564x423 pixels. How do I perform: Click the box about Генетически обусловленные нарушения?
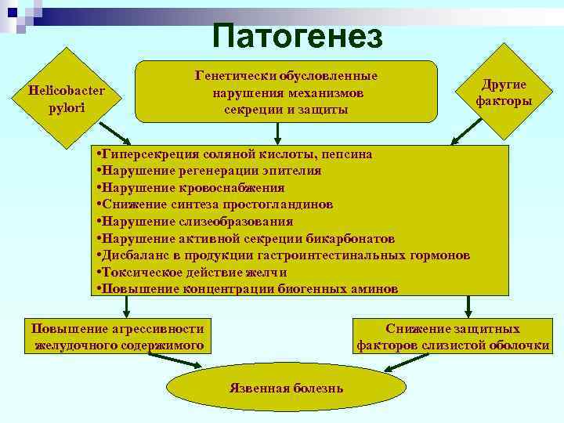[x=286, y=92]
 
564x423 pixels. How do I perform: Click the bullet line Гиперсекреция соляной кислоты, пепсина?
[x=232, y=154]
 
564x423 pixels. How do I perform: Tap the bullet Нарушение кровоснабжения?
[x=189, y=188]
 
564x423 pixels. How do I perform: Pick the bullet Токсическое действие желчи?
[x=190, y=272]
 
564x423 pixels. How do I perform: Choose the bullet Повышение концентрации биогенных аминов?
[x=245, y=289]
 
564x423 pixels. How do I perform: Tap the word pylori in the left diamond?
[x=67, y=107]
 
